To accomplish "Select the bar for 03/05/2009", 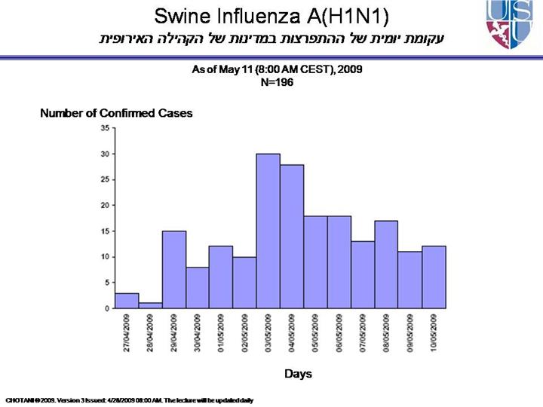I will click(x=268, y=231).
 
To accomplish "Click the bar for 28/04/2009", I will click(x=150, y=305).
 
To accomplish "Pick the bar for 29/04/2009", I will click(x=173, y=269).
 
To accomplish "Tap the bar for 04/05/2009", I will click(x=292, y=236).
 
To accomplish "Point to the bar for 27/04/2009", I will click(x=127, y=300).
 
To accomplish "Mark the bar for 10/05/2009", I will click(x=434, y=277).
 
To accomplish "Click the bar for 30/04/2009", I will click(x=197, y=287).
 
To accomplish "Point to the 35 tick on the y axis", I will click(x=105, y=128).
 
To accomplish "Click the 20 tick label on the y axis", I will click(x=105, y=205).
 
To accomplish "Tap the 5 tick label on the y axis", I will click(x=106, y=283).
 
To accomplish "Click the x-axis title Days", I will click(x=298, y=374).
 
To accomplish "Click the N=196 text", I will click(x=277, y=83).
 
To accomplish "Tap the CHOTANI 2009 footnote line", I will click(x=129, y=399).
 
